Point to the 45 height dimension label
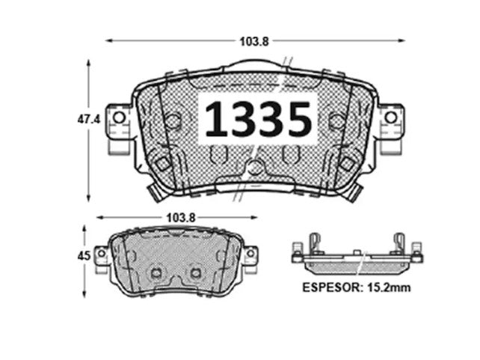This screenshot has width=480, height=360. [84, 256]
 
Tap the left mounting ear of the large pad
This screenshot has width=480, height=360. [117, 123]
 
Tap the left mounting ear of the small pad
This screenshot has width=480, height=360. [102, 255]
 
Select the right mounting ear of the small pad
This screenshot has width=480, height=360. [250, 255]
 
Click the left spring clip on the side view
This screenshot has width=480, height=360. [314, 244]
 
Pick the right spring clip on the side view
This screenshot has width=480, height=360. [399, 244]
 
